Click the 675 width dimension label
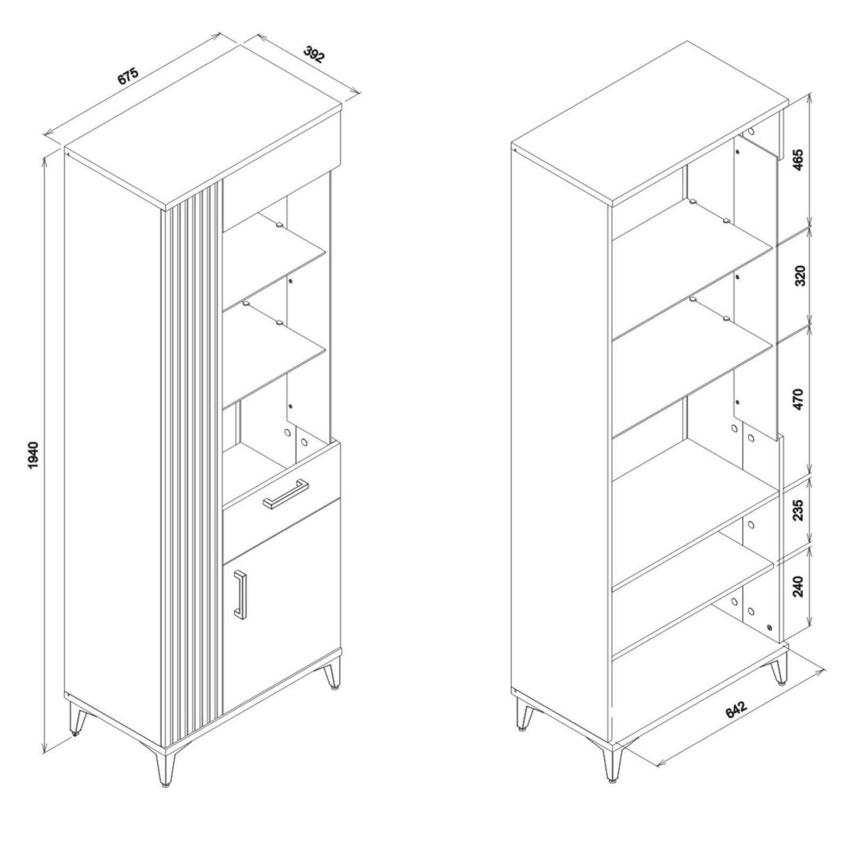click(x=128, y=76)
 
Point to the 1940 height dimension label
click(x=33, y=455)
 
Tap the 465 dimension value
click(x=799, y=160)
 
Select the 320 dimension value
click(x=799, y=276)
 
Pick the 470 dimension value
click(x=799, y=399)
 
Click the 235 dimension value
click(x=799, y=509)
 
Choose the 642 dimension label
click(x=737, y=710)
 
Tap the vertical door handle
click(x=240, y=595)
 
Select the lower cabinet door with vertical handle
click(x=281, y=606)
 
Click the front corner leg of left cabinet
click(x=165, y=766)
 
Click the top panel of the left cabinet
click(x=203, y=125)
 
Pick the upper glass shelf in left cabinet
click(x=274, y=261)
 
